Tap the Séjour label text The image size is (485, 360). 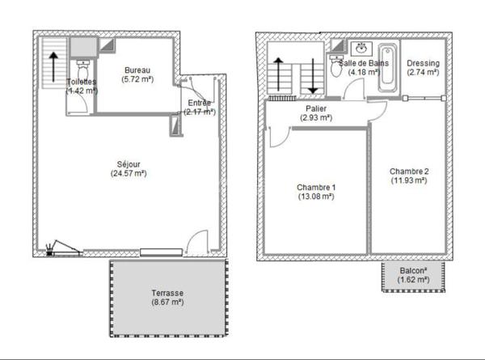(x=129, y=162)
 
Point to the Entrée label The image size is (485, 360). (x=199, y=103)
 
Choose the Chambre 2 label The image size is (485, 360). (x=408, y=171)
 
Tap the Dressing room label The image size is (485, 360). (x=423, y=63)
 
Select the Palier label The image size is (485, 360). (x=316, y=108)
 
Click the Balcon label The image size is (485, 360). (x=413, y=270)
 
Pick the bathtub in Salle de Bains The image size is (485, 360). (x=389, y=69)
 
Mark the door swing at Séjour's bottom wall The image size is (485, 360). (x=195, y=243)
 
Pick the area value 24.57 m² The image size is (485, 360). (x=129, y=172)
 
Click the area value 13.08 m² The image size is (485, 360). (x=316, y=197)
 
